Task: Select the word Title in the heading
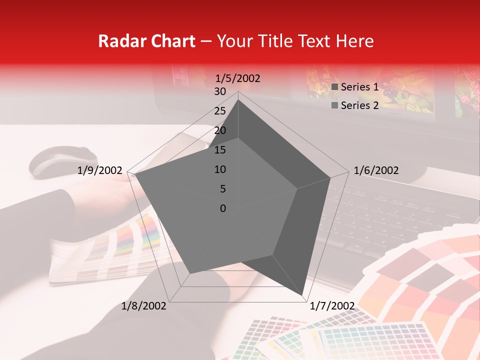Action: (x=274, y=41)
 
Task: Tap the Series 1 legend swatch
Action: (x=335, y=87)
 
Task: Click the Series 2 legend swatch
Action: (x=335, y=105)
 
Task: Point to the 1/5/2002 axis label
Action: (x=238, y=78)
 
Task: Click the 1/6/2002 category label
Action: (x=376, y=170)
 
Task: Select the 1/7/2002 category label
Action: (x=332, y=306)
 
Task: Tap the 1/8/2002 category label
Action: (x=144, y=306)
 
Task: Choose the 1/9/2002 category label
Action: (x=100, y=170)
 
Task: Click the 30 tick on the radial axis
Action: (x=220, y=91)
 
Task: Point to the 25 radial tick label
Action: (x=220, y=111)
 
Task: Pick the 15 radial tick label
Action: (x=220, y=150)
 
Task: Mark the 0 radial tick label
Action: (x=223, y=208)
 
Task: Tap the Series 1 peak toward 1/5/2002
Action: (x=238, y=99)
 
